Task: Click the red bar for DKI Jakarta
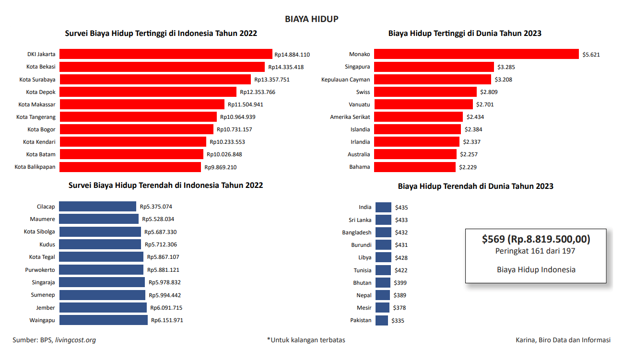pos(166,54)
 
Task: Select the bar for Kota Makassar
pos(142,104)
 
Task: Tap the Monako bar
pos(476,54)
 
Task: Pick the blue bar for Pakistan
pos(382,320)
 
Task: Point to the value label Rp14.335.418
pos(286,67)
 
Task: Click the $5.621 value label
pos(591,55)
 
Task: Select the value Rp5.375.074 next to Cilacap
pos(156,207)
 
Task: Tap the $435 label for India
pos(401,208)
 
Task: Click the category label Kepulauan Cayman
pos(345,80)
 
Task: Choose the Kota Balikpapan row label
pos(35,167)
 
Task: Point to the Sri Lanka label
pos(360,220)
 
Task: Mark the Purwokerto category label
pos(40,270)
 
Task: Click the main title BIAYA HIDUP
pos(311,19)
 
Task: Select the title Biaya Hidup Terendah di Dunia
pos(475,186)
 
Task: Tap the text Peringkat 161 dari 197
pos(535,251)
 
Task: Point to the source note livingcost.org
pos(75,340)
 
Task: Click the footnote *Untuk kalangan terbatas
pos(306,340)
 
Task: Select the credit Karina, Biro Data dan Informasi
pos(563,340)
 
